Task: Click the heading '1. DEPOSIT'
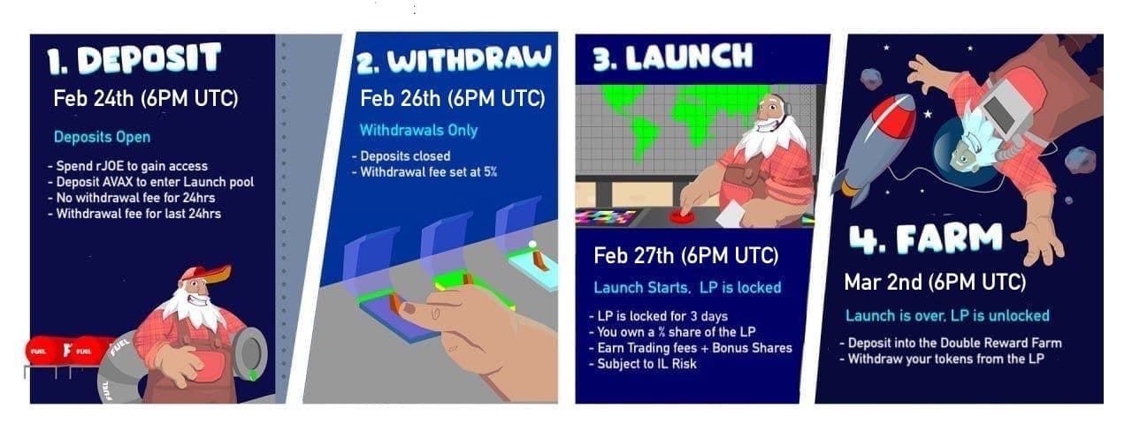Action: point(134,59)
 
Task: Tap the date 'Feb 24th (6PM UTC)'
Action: point(146,98)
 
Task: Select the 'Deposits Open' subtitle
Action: point(102,137)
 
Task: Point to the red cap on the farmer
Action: point(207,274)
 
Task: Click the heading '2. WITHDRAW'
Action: point(454,60)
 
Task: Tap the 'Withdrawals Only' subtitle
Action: point(418,130)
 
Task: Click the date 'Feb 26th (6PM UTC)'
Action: point(453,98)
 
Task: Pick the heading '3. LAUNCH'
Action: point(673,57)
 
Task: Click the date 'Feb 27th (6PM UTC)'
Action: point(685,255)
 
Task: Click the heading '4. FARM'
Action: point(926,238)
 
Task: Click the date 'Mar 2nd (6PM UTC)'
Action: point(935,282)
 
